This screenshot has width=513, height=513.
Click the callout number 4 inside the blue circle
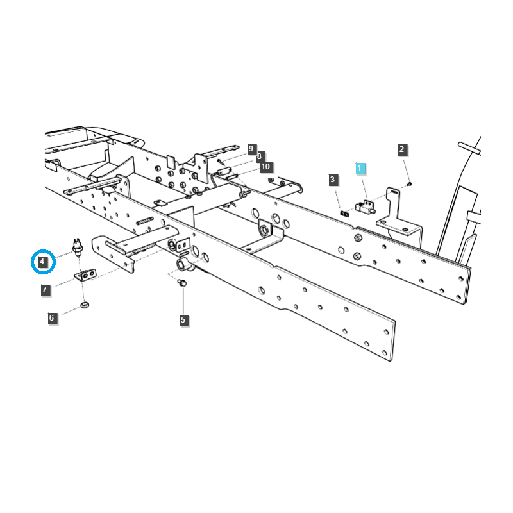[x=42, y=262]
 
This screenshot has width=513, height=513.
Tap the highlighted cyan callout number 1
[x=360, y=168]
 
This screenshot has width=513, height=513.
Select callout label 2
[x=402, y=150]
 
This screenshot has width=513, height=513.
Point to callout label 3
[x=332, y=180]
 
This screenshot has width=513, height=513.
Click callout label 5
[x=183, y=319]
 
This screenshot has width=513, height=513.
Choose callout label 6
[x=52, y=317]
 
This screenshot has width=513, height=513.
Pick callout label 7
[x=45, y=290]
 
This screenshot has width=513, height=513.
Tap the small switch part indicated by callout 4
[x=78, y=248]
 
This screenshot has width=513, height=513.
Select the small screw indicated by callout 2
[x=409, y=183]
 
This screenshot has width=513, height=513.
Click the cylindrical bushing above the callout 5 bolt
[x=181, y=265]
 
